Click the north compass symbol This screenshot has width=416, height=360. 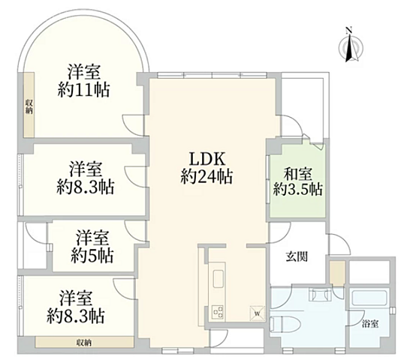tap(351, 45)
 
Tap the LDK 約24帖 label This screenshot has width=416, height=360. tap(207, 168)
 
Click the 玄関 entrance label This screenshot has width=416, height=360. tap(297, 256)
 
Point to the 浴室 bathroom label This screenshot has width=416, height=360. tap(370, 323)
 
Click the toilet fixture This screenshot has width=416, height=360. tap(285, 323)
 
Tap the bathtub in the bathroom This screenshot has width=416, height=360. tap(369, 299)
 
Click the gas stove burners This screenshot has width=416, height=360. tap(218, 312)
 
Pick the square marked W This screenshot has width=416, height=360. tap(257, 313)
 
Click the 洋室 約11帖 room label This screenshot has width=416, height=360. tap(84, 81)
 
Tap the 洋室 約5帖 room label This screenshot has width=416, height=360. tap(92, 247)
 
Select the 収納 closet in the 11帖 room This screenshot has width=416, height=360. tap(29, 105)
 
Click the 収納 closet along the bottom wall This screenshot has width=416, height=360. tap(84, 343)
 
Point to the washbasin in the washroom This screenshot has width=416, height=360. tap(320, 295)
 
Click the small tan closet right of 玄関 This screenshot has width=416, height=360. tap(337, 273)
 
